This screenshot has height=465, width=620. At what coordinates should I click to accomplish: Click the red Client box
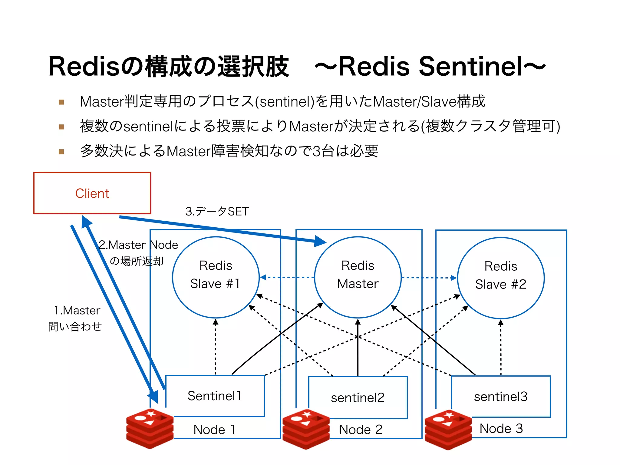tap(92, 193)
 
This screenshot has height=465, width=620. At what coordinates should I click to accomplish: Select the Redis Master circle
tap(358, 277)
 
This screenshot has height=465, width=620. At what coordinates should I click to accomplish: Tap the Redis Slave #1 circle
tap(216, 277)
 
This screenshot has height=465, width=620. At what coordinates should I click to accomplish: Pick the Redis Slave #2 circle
tap(501, 278)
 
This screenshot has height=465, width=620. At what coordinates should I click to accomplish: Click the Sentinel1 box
tap(215, 396)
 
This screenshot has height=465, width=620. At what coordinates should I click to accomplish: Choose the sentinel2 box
tap(358, 397)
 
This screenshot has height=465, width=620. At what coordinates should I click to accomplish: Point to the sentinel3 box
tap(501, 397)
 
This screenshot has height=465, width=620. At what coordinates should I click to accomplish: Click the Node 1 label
tap(214, 429)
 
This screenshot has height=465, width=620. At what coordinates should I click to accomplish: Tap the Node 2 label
tap(361, 429)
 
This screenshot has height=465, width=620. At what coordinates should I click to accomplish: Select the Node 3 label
tap(501, 428)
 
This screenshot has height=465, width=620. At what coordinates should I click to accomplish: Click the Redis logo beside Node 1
tap(150, 428)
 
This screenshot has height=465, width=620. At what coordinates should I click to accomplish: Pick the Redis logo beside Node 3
tap(448, 430)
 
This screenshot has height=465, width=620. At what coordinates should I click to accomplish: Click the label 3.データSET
tap(217, 211)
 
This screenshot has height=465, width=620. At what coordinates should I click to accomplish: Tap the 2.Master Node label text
tap(138, 245)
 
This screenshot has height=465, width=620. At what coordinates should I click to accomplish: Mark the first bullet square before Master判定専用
tap(61, 102)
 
